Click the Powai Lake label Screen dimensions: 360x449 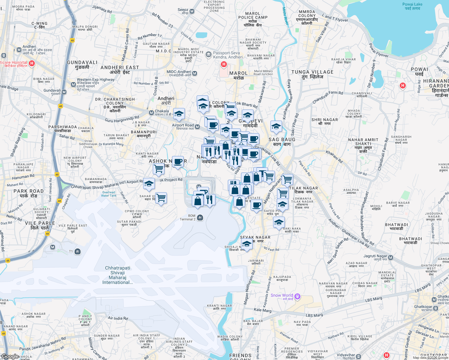pyautogui.click(x=412, y=6)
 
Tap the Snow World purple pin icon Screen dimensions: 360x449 pyautogui.click(x=297, y=296)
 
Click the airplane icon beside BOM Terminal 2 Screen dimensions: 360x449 pyautogui.click(x=200, y=217)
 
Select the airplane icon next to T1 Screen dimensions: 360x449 pyautogui.click(x=77, y=251)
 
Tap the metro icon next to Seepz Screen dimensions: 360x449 pyautogui.click(x=192, y=11)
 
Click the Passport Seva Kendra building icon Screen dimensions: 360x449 pyautogui.click(x=208, y=55)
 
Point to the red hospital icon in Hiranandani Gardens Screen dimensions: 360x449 pyautogui.click(x=402, y=85)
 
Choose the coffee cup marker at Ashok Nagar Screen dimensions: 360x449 pyautogui.click(x=178, y=162)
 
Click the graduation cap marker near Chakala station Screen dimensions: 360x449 pyautogui.click(x=179, y=114)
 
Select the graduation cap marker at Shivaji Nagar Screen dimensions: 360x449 pyautogui.click(x=247, y=244)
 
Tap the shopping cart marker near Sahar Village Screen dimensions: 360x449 pyautogui.click(x=161, y=198)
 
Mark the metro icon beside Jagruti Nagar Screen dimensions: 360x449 pyautogui.click(x=390, y=257)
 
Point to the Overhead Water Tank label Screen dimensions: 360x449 pyautogui.click(x=109, y=194)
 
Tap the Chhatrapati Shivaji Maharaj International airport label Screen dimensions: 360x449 pyautogui.click(x=117, y=275)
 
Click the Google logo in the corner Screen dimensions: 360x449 pyautogui.click(x=10, y=356)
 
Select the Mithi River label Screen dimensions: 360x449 pyautogui.click(x=285, y=16)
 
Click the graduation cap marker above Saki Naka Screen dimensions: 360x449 pyautogui.click(x=279, y=223)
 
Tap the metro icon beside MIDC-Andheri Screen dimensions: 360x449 pyautogui.click(x=195, y=73)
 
